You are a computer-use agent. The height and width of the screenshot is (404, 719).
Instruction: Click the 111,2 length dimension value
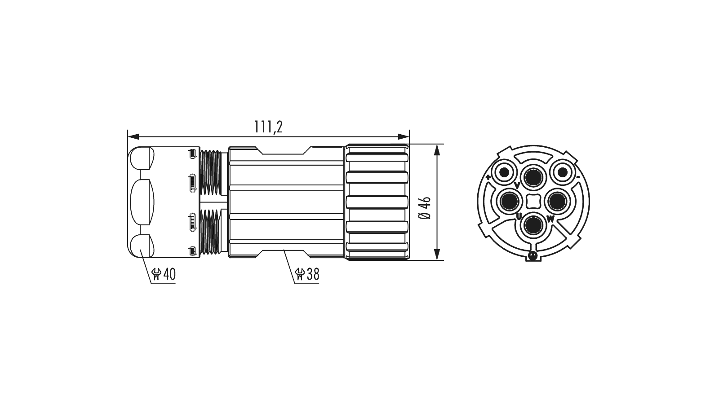268,127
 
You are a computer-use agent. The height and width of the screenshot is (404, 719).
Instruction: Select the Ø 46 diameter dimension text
425,208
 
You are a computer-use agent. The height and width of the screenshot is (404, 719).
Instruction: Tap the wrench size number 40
169,274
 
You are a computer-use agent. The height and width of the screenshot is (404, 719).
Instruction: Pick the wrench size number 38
313,274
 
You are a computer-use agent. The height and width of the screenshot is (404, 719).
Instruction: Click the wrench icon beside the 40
157,274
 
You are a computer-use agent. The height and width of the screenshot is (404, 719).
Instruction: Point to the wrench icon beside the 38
300,274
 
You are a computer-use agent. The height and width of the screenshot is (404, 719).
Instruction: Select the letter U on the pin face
519,217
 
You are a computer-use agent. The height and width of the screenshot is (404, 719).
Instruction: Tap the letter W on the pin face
550,220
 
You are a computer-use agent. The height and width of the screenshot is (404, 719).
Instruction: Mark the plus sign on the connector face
488,177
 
